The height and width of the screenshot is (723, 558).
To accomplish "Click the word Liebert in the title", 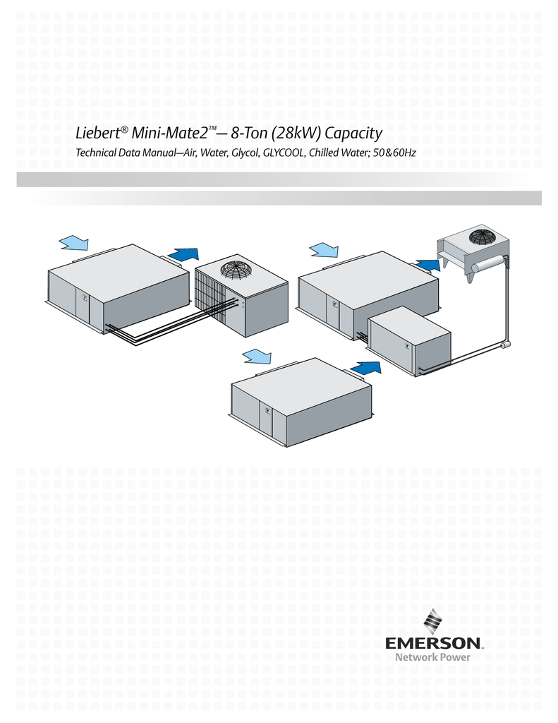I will (98, 133).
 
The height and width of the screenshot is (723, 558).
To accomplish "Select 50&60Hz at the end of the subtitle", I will (393, 153).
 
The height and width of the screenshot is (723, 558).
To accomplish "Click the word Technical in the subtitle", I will (97, 153).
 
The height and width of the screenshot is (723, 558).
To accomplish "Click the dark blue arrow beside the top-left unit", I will (184, 255).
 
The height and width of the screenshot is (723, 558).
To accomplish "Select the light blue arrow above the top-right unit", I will (325, 249).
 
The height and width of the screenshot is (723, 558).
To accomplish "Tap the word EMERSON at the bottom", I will (433, 643).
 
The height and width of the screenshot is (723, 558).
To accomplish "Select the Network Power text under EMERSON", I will (432, 657).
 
